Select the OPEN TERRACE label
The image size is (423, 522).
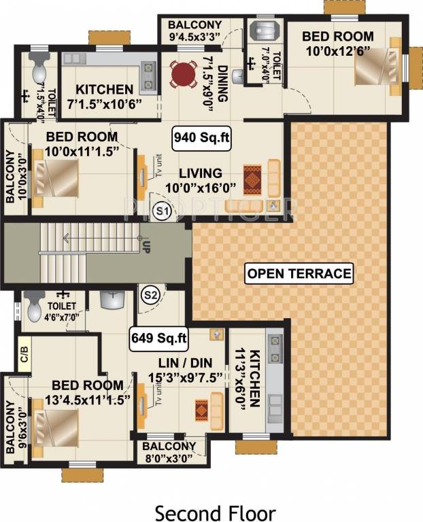coord(300,274)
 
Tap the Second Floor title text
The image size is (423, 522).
coord(214,511)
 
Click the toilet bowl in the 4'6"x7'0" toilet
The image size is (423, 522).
coord(35,310)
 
